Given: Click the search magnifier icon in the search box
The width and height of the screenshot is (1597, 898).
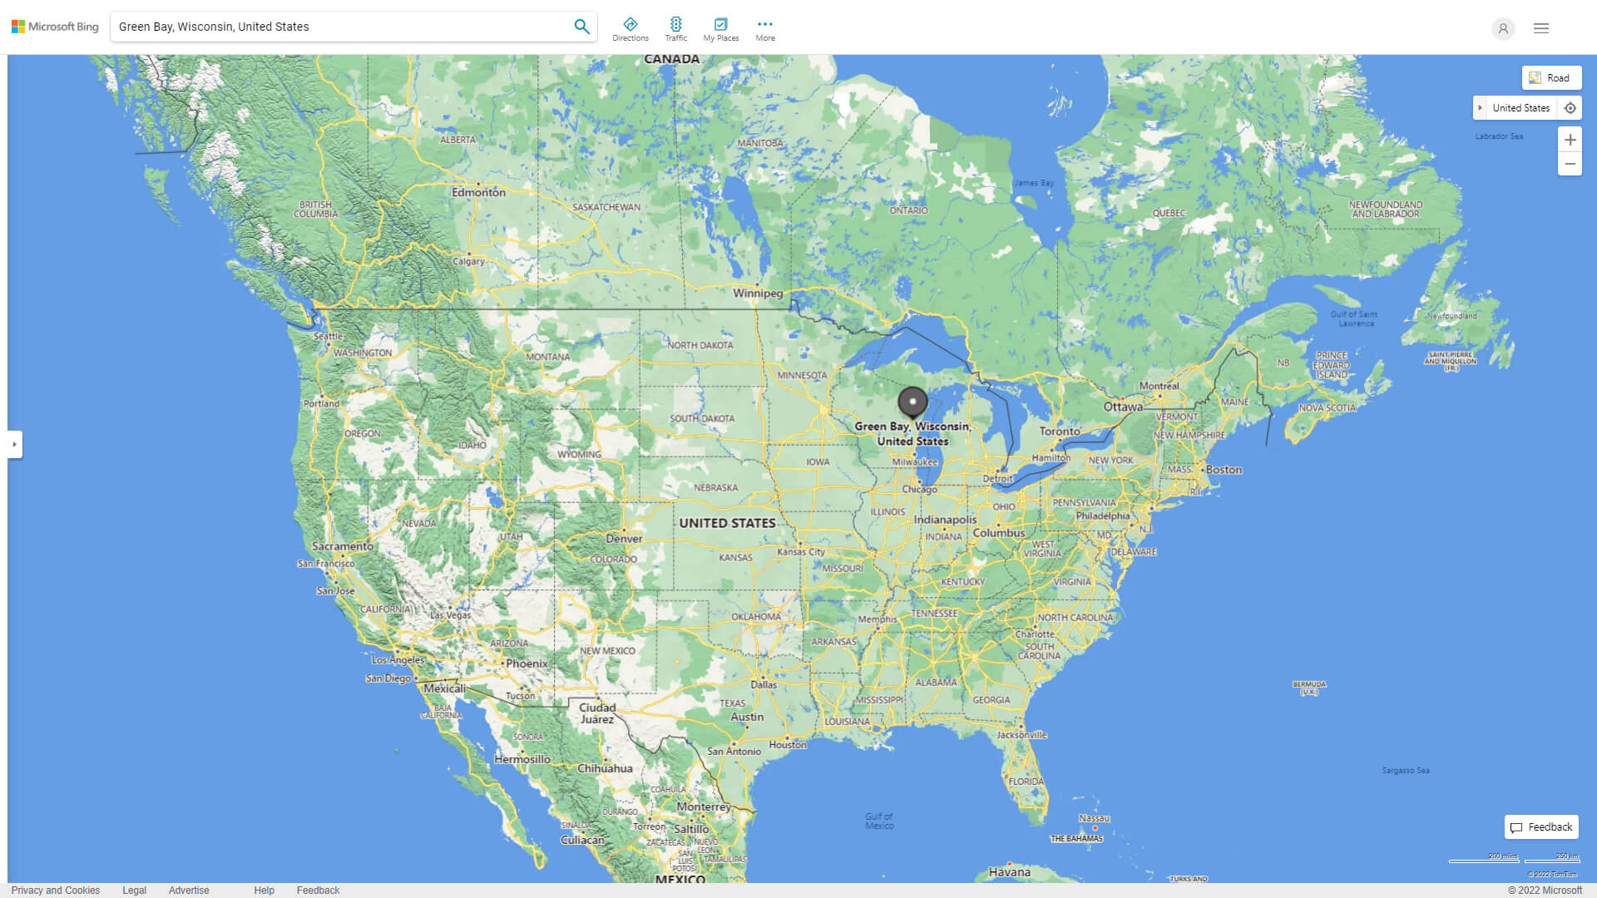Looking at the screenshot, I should coord(581,27).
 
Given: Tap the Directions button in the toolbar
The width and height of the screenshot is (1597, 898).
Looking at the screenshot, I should coord(630,29).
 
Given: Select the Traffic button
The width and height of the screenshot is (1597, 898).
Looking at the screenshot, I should coord(676,29).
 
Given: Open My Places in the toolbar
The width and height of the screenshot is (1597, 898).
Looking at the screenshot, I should coord(720,29).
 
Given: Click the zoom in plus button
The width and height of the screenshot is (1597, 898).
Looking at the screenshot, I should coord(1570,140).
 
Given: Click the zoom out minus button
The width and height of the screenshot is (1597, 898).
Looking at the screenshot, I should coord(1570,164).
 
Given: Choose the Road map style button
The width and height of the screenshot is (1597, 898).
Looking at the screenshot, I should coord(1551,78).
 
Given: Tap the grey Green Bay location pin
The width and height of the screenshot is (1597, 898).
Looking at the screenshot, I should coord(912,402).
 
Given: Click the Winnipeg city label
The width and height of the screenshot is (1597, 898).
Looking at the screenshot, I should coord(758,294).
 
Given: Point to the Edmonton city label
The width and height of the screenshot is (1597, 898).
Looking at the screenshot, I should coord(478,192).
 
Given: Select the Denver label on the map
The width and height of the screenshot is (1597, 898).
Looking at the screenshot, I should coord(624,539).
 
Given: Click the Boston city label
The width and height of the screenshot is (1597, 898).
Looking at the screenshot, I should coord(1224,470).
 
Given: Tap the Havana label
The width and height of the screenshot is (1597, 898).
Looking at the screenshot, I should coord(1010,872).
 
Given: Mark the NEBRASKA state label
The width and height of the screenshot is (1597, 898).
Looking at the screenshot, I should coord(716,488).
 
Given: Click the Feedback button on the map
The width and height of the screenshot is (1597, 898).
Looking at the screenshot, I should coord(1541,827).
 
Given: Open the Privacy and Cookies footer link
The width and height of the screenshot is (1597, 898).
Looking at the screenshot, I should coord(56,891).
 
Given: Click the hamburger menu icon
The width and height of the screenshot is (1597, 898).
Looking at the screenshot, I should coord(1541,28).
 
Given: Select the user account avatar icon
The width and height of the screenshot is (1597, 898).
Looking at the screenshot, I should coord(1503,28).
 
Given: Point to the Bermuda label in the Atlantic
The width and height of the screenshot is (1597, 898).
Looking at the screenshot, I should coord(1309,688).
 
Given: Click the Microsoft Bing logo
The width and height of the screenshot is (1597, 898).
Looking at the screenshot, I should coord(55,27).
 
